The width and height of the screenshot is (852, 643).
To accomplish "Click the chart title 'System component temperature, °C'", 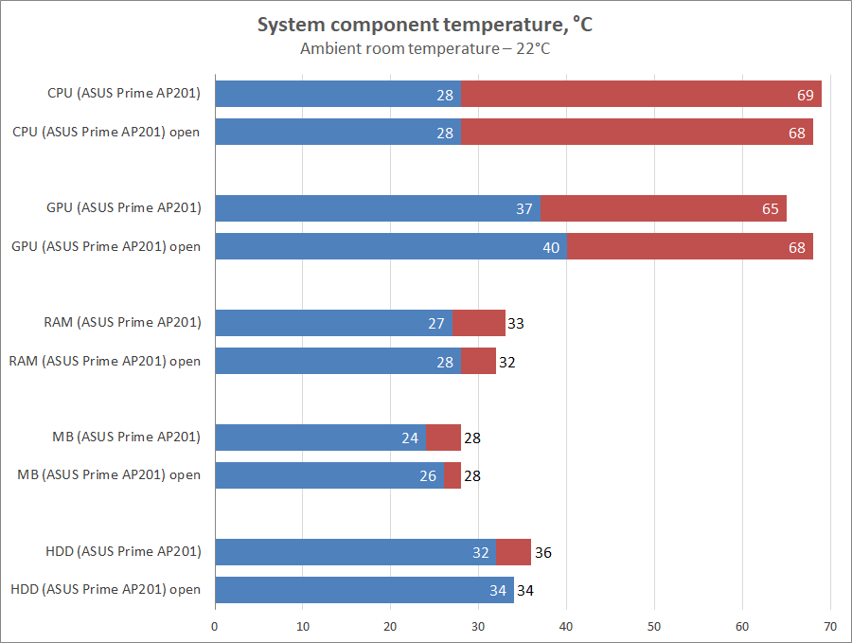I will point(425,26).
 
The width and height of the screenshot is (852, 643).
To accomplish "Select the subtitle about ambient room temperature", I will point(425,48).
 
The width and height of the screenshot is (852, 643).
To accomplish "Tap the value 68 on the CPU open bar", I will point(796,134).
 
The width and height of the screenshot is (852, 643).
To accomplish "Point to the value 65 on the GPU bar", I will point(771,208).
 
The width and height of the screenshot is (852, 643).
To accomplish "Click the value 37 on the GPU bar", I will point(524,208).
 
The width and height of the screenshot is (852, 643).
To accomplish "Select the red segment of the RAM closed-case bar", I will point(478,323).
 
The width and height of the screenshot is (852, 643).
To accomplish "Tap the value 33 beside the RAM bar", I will point(515,324).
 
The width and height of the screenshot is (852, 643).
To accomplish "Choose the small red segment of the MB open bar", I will point(453,475).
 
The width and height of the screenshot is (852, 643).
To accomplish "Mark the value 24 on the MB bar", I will point(410,438).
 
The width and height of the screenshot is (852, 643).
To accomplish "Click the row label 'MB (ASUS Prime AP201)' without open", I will point(127,437).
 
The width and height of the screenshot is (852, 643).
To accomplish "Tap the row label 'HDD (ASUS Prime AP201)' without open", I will point(123,551).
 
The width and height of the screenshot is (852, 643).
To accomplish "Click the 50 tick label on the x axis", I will point(654,626).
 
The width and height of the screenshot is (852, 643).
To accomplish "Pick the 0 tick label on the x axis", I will point(215,626).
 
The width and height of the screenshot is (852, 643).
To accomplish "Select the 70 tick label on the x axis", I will point(830,626).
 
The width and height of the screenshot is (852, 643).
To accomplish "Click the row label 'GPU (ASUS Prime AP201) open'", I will point(105,246).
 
